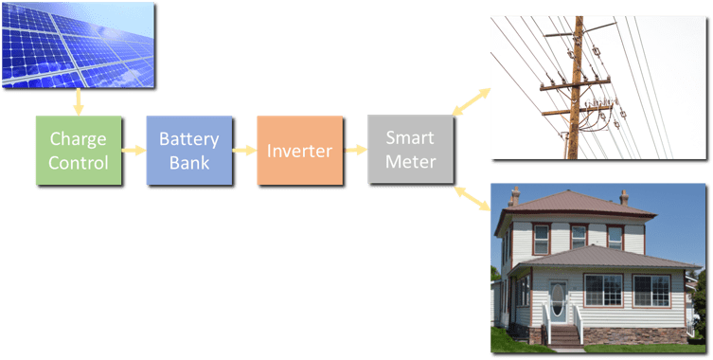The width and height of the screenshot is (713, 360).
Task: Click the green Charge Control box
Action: click(78, 150)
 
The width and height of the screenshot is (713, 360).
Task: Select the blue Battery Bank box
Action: click(188, 150)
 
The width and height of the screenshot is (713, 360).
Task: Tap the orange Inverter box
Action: click(299, 150)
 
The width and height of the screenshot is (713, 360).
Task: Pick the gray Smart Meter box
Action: click(411, 150)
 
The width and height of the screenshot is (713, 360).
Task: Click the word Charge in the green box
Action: click(78, 138)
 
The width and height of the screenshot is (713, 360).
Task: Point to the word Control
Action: click(78, 162)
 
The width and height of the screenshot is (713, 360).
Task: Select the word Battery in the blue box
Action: click(188, 138)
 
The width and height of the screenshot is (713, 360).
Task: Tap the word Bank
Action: click(188, 162)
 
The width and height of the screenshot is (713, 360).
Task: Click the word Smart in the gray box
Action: click(411, 138)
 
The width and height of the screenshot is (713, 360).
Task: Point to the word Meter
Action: click(411, 162)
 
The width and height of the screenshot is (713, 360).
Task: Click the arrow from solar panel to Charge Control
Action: click(78, 102)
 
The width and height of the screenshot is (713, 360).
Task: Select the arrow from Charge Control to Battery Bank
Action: click(133, 150)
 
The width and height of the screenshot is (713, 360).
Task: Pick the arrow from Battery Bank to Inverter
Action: click(243, 150)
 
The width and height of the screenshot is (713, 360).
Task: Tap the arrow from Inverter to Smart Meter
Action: click(355, 150)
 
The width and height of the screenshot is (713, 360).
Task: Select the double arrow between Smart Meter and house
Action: click(471, 198)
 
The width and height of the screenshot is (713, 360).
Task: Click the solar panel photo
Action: click(80, 44)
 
